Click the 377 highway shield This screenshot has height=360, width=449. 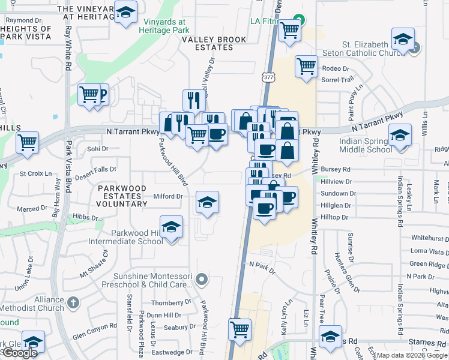click(x=267, y=77)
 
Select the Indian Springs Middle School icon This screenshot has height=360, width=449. click(x=399, y=135)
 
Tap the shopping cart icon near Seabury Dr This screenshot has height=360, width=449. click(x=240, y=329)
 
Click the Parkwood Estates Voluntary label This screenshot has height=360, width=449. click(x=122, y=196)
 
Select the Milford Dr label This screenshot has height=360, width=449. click(x=168, y=196)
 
